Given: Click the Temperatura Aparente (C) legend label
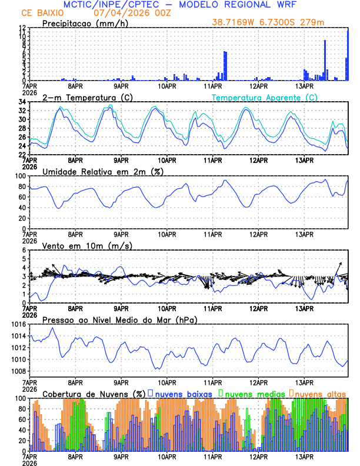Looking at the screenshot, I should coord(264,97).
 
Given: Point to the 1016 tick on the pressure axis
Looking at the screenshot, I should coord(18,324).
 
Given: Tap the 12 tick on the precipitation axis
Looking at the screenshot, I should coord(22,28).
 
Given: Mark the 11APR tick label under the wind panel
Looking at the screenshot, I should coord(212,308).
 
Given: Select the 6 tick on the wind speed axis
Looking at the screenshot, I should coord(24,250).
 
